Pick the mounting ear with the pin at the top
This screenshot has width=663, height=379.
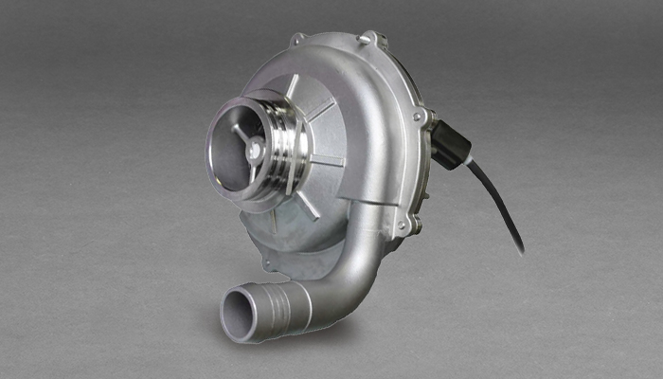click(369, 40)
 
